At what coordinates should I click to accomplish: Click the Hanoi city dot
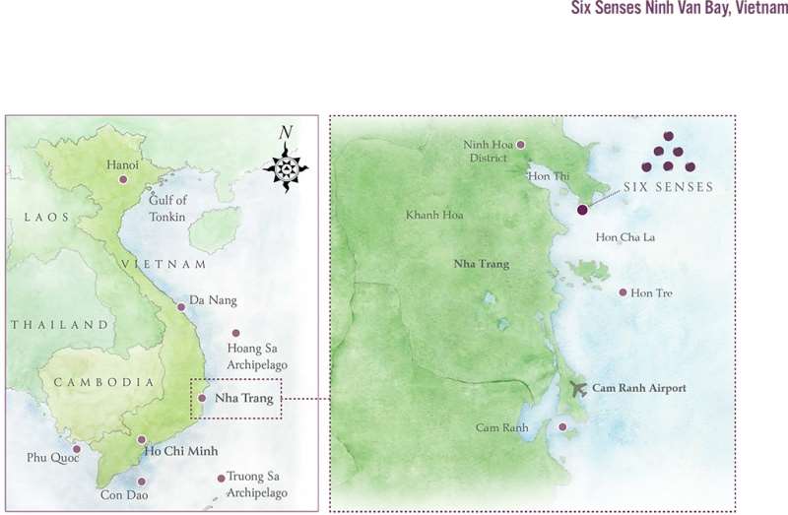point(123,179)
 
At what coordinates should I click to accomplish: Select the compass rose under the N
point(286,168)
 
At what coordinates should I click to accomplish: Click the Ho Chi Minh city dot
point(142,440)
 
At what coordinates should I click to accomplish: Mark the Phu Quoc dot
point(77,449)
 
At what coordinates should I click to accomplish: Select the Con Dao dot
point(143,482)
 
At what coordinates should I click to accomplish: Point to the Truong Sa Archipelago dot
point(221,480)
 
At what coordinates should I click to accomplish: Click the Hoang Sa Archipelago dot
point(235,333)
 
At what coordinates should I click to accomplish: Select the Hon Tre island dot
point(623,292)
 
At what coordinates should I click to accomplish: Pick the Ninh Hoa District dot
point(521,145)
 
